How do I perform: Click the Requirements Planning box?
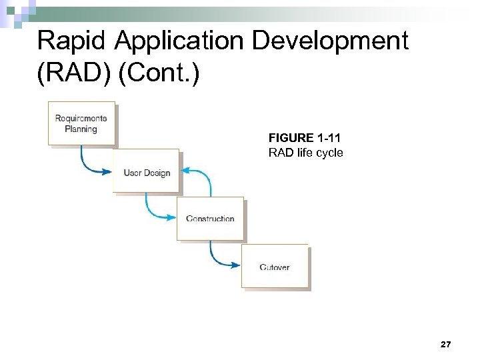(x=81, y=123)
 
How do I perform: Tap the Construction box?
(x=210, y=219)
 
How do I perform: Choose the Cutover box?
(x=275, y=267)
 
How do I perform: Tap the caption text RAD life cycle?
(x=305, y=153)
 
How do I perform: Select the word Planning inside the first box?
(x=81, y=129)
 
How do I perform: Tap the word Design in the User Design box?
(x=156, y=173)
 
